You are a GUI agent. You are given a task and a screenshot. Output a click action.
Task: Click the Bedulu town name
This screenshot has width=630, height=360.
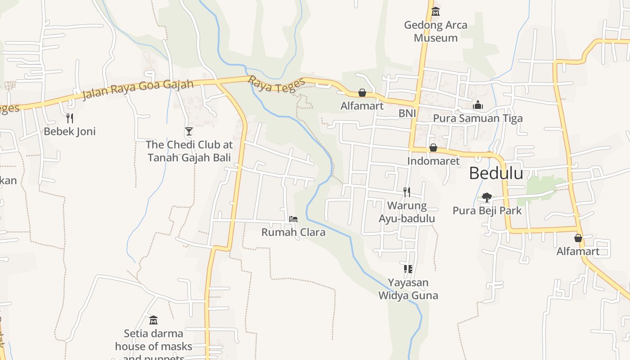click(496, 173)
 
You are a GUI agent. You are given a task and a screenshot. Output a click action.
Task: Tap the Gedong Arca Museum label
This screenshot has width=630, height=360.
click(436, 31)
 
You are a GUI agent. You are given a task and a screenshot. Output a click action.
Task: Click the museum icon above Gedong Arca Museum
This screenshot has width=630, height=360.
click(435, 12)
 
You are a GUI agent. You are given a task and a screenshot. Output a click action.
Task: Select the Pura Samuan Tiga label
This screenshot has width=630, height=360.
click(478, 118)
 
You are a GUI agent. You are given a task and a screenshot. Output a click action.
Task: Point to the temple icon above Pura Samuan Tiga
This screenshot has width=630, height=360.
click(478, 105)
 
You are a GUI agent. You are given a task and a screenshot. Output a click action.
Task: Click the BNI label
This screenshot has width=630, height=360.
click(407, 113)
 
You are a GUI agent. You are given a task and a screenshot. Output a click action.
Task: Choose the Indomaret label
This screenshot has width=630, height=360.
click(433, 161)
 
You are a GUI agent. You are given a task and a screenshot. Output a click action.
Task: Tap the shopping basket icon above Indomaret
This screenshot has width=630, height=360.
click(433, 148)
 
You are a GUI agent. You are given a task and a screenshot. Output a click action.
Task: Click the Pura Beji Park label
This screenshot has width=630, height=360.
click(487, 211)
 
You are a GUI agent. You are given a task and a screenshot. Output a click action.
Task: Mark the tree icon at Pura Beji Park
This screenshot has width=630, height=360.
click(486, 197)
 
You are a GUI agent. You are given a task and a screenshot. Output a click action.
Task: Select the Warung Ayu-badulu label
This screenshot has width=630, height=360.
click(407, 212)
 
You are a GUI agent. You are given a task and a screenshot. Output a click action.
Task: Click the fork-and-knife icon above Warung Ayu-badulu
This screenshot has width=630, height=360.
click(407, 192)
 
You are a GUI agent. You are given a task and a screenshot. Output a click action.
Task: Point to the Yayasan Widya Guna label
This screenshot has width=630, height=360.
click(408, 289)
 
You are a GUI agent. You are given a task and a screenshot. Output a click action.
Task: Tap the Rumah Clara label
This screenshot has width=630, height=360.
click(293, 232)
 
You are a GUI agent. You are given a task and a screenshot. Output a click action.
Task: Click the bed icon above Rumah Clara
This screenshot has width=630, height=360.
click(293, 219)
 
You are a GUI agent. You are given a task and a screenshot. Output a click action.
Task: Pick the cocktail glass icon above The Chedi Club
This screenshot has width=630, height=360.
click(189, 131)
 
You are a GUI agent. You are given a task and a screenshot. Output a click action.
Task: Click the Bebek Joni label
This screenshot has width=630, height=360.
click(70, 131)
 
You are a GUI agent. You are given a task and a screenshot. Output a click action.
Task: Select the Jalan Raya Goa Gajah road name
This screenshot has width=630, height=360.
click(138, 89)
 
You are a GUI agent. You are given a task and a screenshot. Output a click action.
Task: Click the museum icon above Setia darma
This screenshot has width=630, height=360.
click(153, 320)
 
